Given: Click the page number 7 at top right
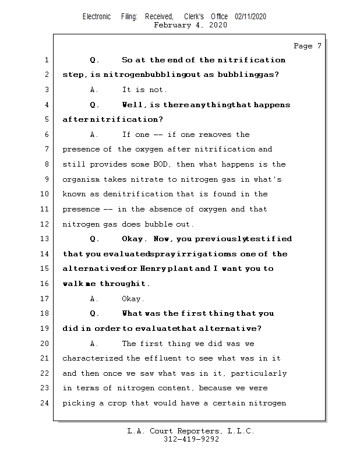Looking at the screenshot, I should [319, 46].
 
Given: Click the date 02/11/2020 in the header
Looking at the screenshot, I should [250, 17].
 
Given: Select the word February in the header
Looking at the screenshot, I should [173, 25].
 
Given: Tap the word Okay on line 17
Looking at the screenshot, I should [132, 299].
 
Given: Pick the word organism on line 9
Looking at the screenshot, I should [81, 179].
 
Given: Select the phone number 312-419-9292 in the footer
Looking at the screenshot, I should [191, 440].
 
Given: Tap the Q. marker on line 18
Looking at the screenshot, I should [95, 313].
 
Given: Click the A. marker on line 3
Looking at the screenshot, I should [95, 90].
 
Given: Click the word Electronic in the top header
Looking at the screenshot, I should [97, 17].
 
